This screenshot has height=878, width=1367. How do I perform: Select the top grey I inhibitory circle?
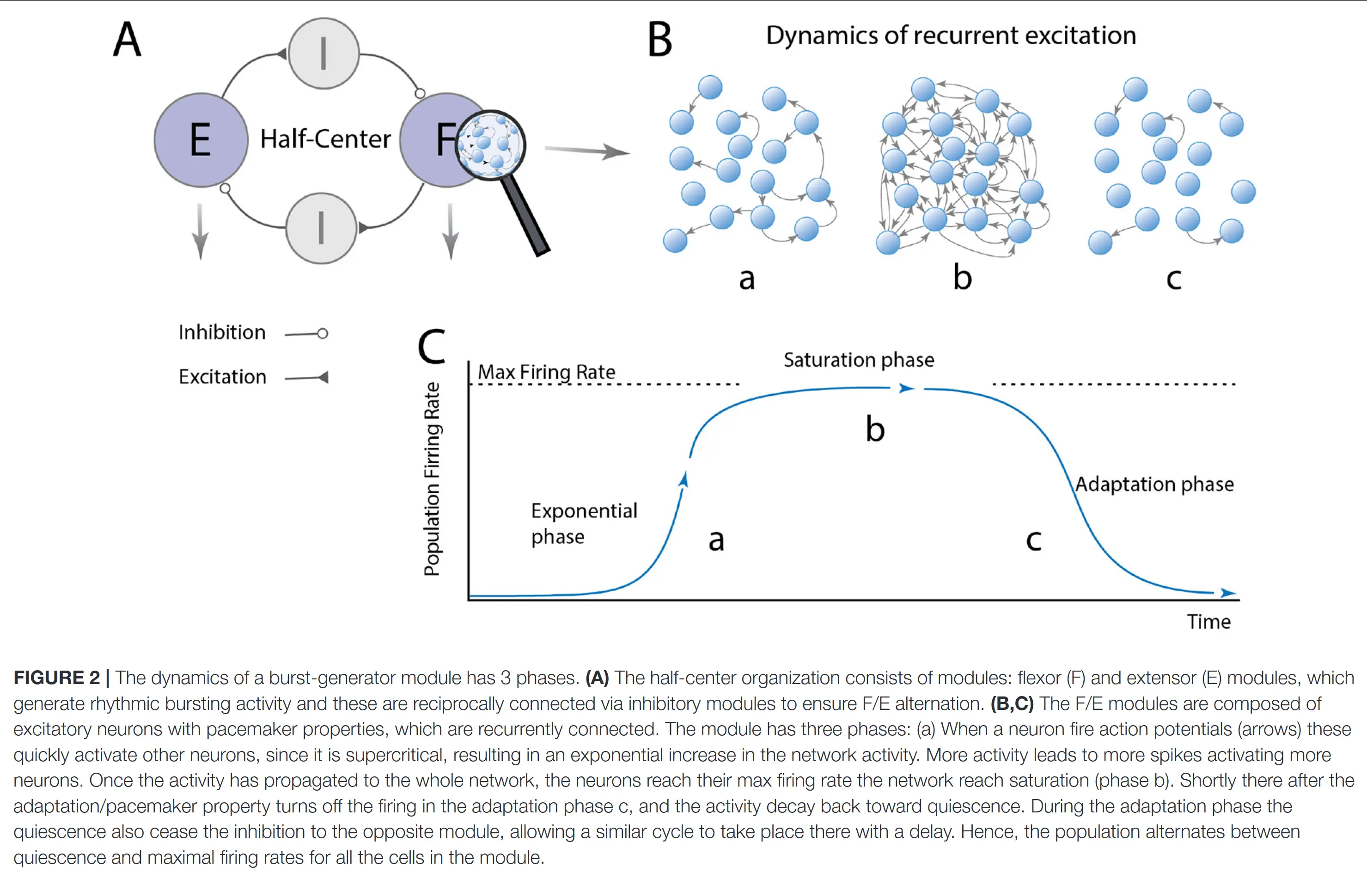pos(324,53)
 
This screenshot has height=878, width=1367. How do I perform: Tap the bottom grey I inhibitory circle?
pos(321,228)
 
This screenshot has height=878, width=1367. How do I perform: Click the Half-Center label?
pos(325,139)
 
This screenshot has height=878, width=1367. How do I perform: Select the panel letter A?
pos(127,39)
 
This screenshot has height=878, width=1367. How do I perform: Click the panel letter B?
pos(660,40)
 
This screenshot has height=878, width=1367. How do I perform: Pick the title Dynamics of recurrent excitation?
pos(951,36)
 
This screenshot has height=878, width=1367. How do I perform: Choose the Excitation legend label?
pos(222,377)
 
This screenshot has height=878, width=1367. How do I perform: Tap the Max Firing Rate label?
pos(546,372)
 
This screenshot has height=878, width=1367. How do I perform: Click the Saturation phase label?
pos(859,360)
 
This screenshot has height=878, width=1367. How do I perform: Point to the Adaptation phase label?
pos(1154,484)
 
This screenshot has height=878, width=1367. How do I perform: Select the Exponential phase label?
pos(583,523)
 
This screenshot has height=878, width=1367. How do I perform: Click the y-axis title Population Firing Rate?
pos(432,479)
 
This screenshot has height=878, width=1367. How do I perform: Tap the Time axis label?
pos(1208,622)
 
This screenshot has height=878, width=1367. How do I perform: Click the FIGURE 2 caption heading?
pos(56,677)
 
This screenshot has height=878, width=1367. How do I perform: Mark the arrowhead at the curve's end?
pos(1228,593)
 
